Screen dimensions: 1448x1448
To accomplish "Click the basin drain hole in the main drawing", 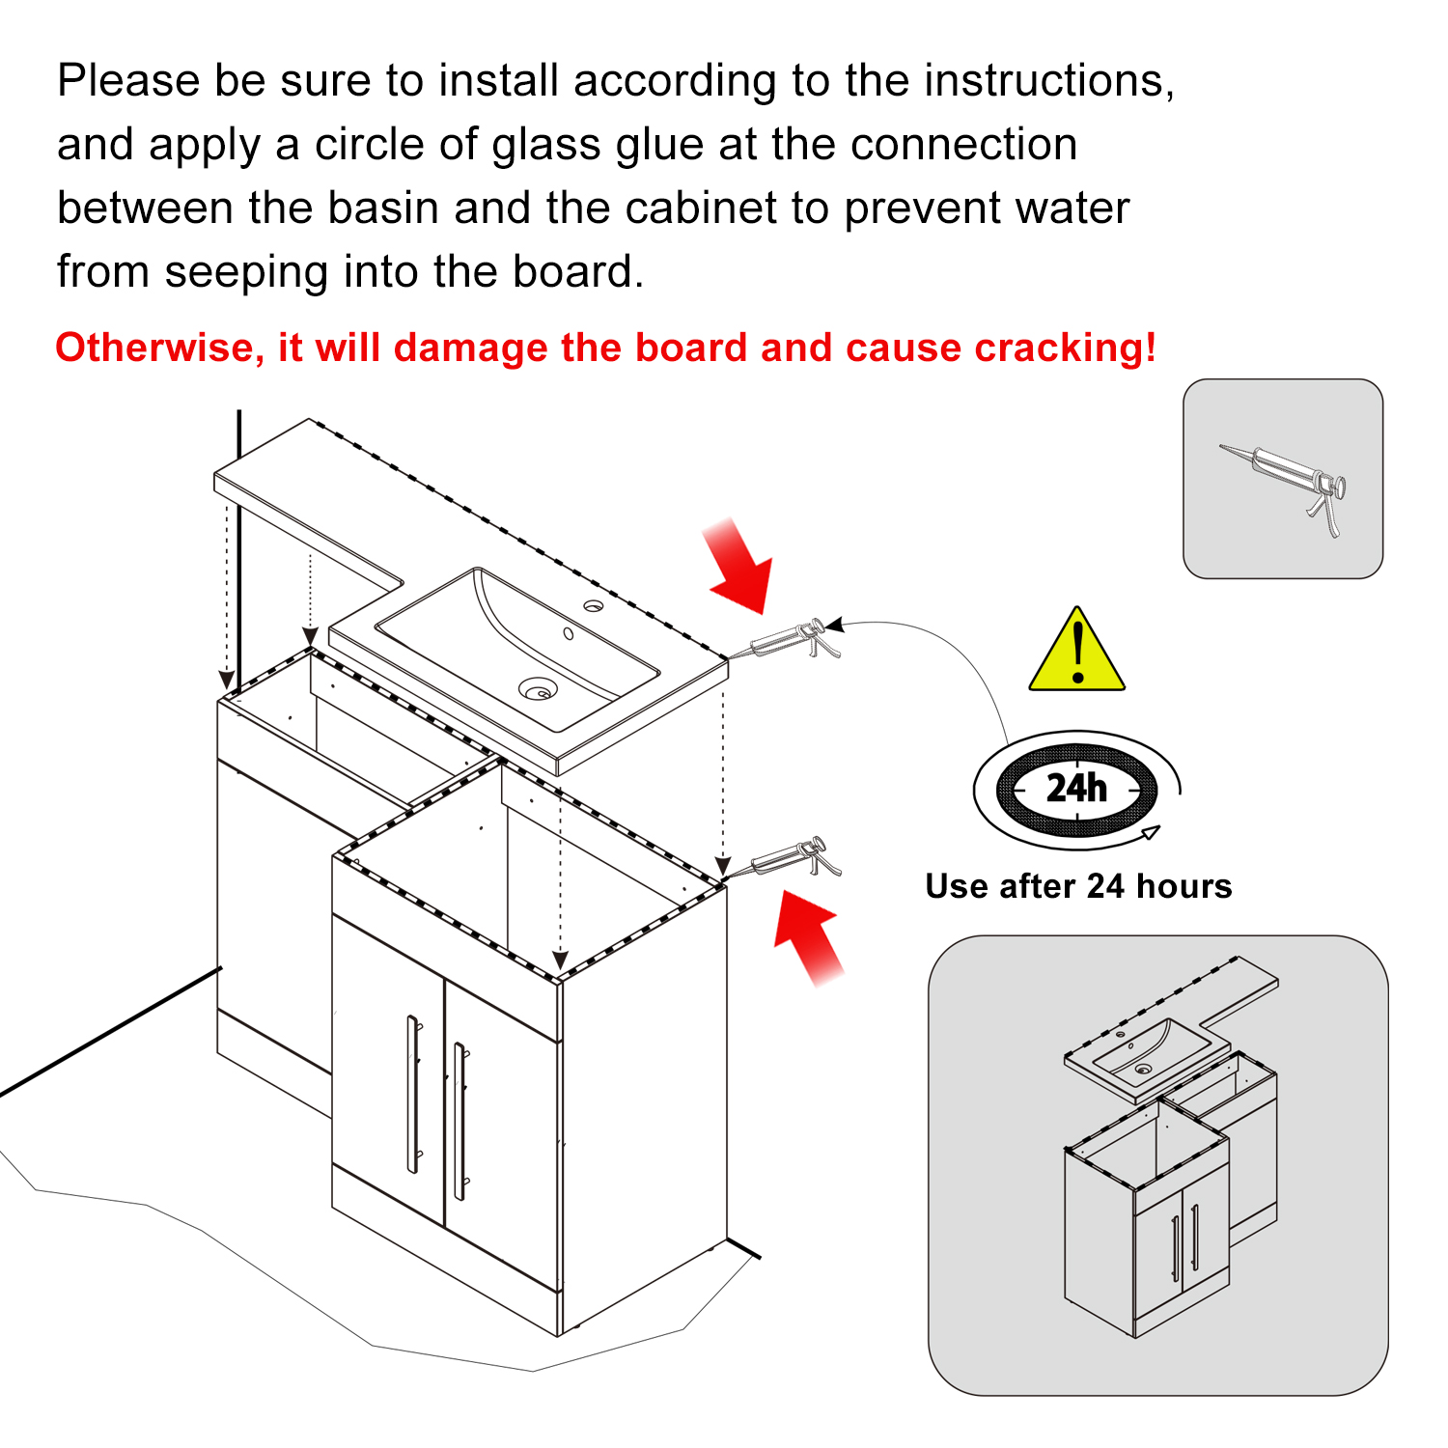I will [538, 689].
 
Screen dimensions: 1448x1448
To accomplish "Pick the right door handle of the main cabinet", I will [460, 1120].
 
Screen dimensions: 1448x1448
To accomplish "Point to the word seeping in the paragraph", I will [247, 272].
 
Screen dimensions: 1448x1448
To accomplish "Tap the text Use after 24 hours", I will [1078, 886].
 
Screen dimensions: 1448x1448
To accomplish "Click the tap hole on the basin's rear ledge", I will [593, 606].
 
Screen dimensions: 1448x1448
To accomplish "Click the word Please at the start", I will [128, 81].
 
